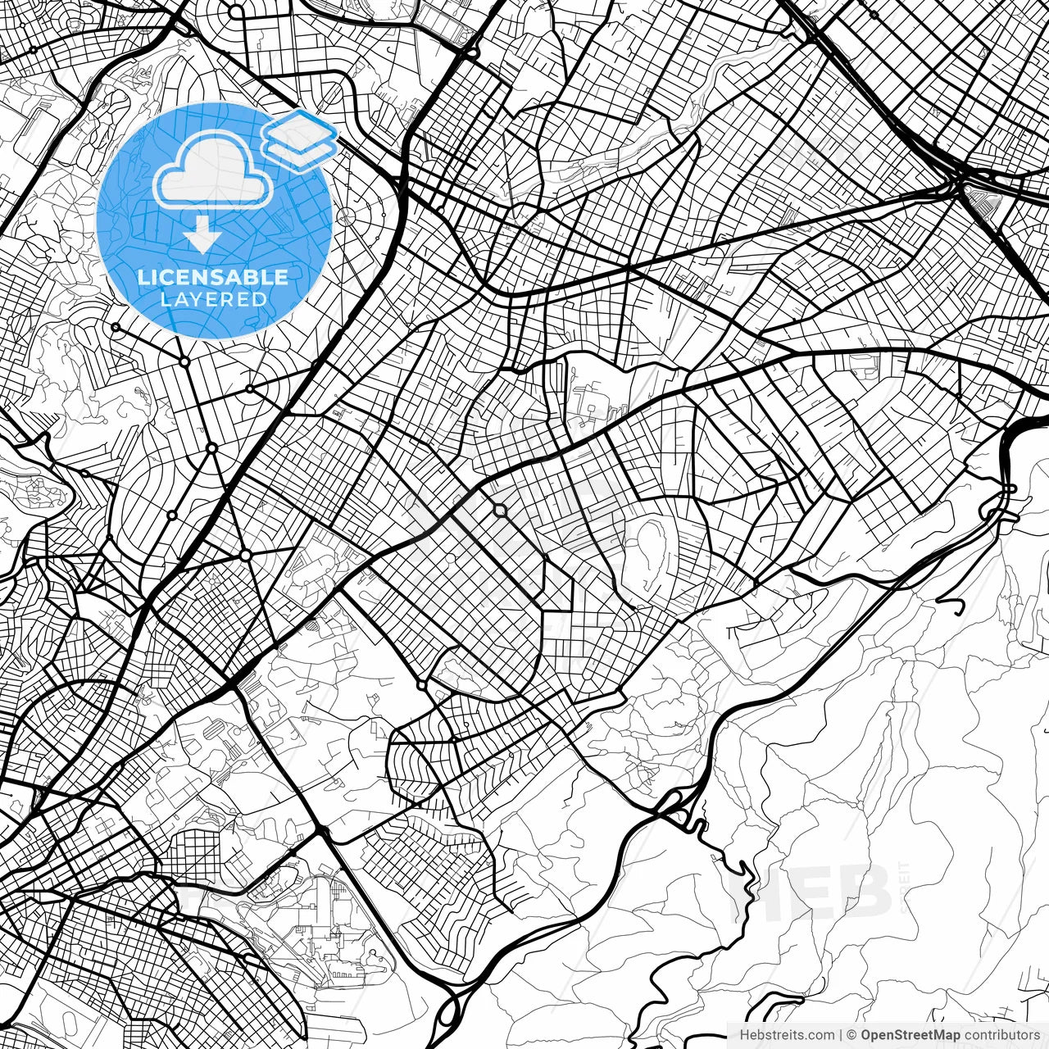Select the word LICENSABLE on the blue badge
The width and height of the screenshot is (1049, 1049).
coord(213,277)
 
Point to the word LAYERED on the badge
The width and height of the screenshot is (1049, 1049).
coord(213,299)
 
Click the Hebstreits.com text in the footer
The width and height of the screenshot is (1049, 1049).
coord(788,1035)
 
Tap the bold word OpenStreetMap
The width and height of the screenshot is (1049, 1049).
coord(910,1035)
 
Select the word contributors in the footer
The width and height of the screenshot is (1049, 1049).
coord(1001,1035)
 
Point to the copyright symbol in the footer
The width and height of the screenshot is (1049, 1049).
coord(852,1035)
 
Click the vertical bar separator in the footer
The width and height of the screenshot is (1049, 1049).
coord(841,1035)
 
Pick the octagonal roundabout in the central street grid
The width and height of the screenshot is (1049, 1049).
coord(500,511)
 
